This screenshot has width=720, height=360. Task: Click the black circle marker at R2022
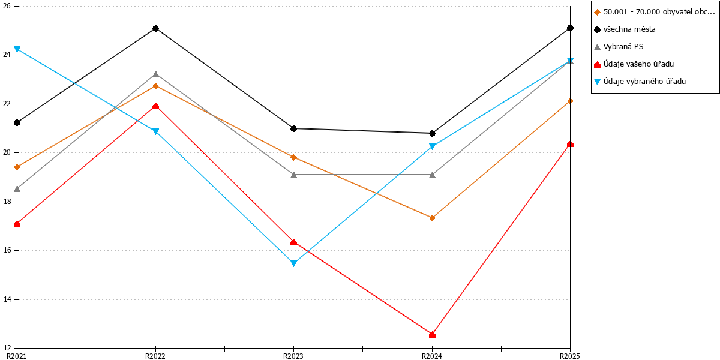pos(155,29)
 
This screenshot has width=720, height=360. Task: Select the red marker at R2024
pos(433,335)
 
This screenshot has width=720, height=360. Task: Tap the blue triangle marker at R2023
pos(294,263)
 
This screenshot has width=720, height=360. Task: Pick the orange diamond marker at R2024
pos(433,218)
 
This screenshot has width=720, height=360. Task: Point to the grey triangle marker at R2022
pos(155,74)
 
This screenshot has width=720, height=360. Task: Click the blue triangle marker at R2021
pos(17,49)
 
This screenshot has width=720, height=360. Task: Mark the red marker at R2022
pos(155,106)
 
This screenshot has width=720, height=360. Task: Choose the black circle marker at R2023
pos(294,128)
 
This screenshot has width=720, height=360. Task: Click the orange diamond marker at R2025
pos(570,101)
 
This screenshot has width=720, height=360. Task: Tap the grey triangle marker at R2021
pos(17,188)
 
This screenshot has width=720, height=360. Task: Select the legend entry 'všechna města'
pos(625,29)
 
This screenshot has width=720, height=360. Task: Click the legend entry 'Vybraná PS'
pos(619,47)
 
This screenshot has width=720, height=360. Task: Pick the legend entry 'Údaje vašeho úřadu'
pos(634,64)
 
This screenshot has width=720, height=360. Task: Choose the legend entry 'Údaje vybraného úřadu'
pos(640,82)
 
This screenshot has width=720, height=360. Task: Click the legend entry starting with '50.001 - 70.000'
pos(655,12)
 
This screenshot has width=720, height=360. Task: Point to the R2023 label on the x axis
pos(293,356)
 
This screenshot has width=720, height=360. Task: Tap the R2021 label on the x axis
pos(17,356)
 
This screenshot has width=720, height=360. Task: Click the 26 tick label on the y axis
pos(7,6)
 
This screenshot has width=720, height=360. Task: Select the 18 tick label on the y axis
pos(7,202)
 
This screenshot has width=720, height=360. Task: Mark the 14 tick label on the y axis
pos(7,299)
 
